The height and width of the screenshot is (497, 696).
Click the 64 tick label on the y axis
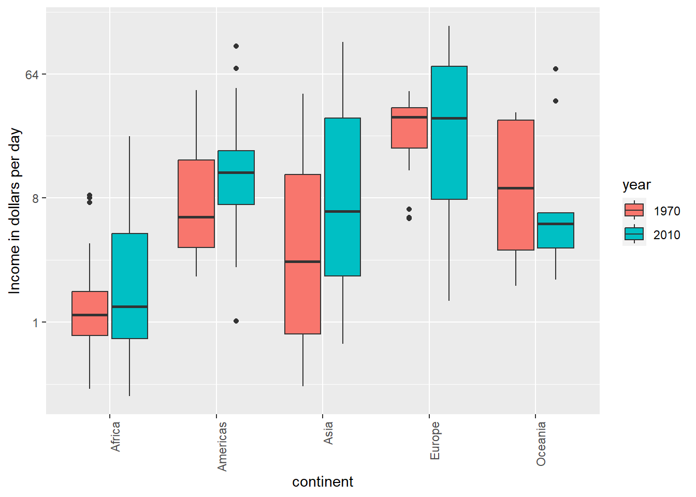click(x=32, y=75)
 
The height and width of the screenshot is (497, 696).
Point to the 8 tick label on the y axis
click(x=35, y=198)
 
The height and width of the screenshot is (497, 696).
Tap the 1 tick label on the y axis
click(x=35, y=323)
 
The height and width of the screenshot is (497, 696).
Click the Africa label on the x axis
click(x=115, y=436)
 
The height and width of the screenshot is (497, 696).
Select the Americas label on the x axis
click(x=222, y=446)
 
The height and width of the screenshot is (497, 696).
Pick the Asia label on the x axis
click(x=328, y=433)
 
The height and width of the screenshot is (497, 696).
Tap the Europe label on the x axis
click(x=435, y=440)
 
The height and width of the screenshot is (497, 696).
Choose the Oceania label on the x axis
click(x=541, y=444)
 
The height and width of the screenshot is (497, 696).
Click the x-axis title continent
click(x=323, y=482)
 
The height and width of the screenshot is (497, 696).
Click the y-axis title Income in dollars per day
click(x=15, y=211)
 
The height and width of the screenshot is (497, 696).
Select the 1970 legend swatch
click(x=634, y=210)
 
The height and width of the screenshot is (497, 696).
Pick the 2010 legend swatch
click(x=634, y=234)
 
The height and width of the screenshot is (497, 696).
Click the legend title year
click(x=636, y=185)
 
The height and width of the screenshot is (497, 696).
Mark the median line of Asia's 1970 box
click(x=303, y=261)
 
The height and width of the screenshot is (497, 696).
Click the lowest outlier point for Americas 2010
click(x=236, y=321)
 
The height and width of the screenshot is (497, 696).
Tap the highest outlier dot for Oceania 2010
click(x=556, y=69)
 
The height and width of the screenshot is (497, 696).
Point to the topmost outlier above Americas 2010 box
click(x=236, y=46)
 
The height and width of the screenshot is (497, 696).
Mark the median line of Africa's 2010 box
click(x=129, y=306)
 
